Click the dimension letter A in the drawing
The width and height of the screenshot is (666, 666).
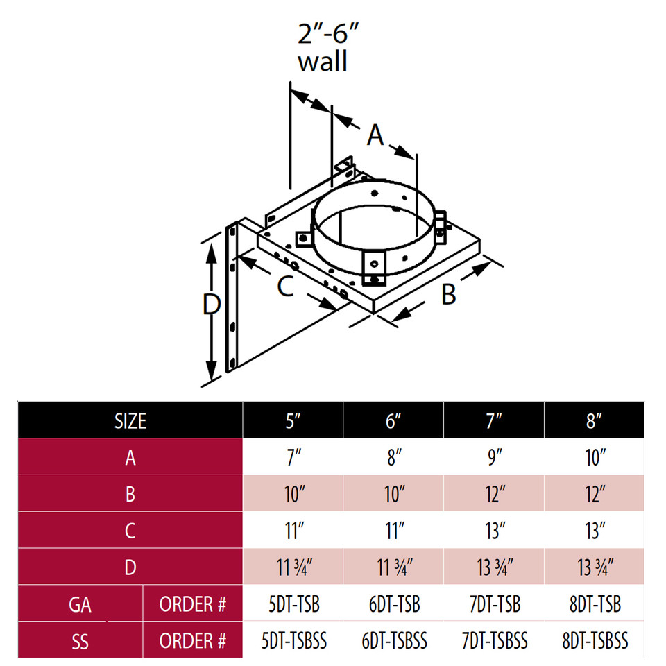(x=375, y=135)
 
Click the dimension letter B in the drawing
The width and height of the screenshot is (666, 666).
(x=449, y=293)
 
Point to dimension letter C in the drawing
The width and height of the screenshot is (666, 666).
(x=286, y=287)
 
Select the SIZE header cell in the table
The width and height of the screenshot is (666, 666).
(x=130, y=420)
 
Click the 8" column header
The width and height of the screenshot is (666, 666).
(x=594, y=420)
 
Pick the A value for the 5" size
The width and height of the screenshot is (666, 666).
(x=293, y=457)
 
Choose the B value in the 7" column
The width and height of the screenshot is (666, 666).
(x=494, y=494)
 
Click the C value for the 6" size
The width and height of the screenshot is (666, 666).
(x=393, y=531)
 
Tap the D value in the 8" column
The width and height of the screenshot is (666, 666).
(x=594, y=567)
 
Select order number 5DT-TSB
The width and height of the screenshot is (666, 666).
(x=293, y=604)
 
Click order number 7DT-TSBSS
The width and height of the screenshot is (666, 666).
(x=494, y=640)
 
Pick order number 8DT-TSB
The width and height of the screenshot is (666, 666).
(x=594, y=604)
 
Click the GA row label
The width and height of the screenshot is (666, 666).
(x=80, y=604)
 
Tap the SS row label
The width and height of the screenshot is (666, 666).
(x=80, y=640)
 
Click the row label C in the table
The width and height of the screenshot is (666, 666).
(x=130, y=531)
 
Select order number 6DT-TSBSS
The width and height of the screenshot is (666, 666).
(x=393, y=640)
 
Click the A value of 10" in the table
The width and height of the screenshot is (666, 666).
(x=594, y=457)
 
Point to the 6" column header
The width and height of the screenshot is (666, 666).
(x=393, y=420)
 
